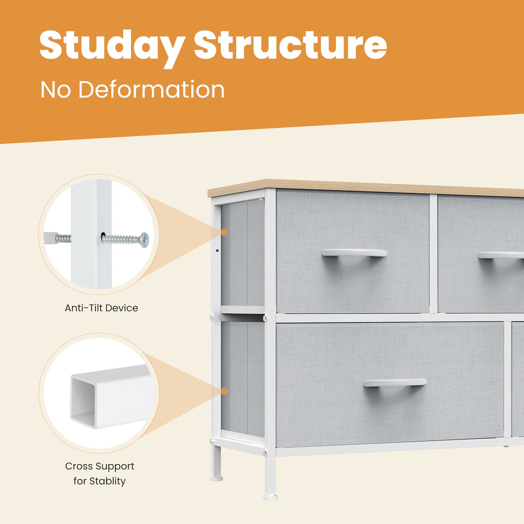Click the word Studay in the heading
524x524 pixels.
click(112, 47)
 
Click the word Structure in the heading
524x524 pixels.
click(290, 45)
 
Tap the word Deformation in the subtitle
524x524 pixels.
click(151, 89)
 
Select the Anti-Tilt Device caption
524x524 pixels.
click(101, 308)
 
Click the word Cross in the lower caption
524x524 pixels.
click(78, 466)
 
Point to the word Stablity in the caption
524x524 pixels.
click(107, 481)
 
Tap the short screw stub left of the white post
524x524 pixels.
click(63, 237)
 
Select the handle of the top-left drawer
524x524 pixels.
click(354, 253)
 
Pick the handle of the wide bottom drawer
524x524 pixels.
click(395, 382)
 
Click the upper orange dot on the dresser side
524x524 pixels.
click(224, 232)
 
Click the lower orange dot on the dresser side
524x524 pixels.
click(224, 391)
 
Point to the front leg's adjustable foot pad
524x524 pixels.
click(270, 497)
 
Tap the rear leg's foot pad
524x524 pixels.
click(216, 479)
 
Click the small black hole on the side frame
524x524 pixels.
click(217, 251)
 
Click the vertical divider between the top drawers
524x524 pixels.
click(433, 254)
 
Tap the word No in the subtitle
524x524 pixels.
click(55, 89)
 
